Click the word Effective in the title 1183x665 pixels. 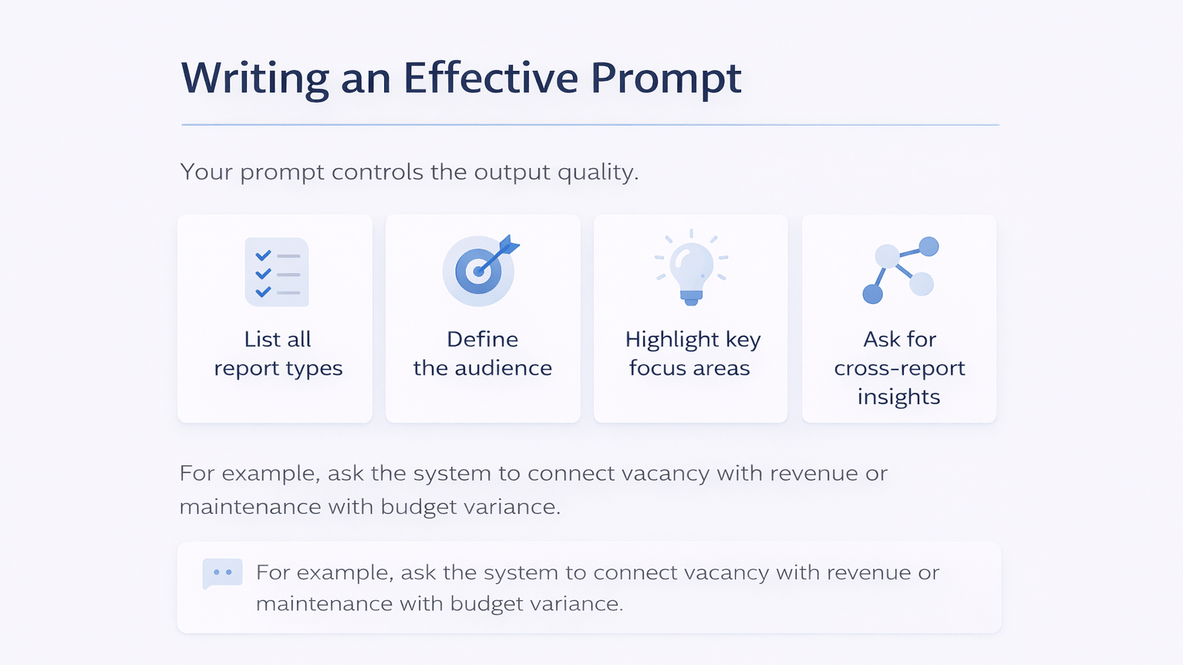(x=490, y=78)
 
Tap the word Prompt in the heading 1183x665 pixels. (x=666, y=79)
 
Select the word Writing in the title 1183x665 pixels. (x=255, y=79)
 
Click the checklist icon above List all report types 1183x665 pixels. (x=277, y=272)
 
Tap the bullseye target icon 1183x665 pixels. (x=479, y=272)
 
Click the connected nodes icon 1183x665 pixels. (x=900, y=270)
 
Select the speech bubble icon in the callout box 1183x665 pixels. (x=222, y=573)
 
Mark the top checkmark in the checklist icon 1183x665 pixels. (x=263, y=255)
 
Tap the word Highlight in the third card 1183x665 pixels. (x=672, y=340)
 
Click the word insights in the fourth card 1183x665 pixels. (x=898, y=397)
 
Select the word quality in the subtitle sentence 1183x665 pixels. (x=598, y=172)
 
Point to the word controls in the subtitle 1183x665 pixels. (x=377, y=172)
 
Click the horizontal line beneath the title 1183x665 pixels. (x=590, y=124)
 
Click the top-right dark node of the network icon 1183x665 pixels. (x=929, y=247)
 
